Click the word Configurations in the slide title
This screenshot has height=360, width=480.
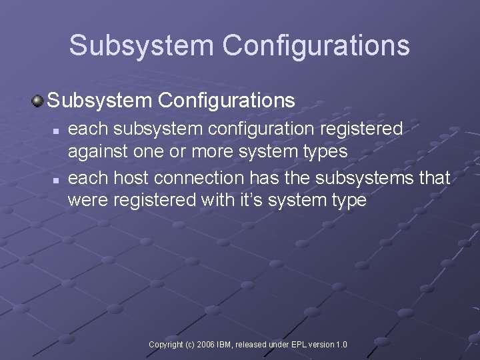click(x=316, y=45)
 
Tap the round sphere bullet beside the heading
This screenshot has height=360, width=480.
click(x=37, y=101)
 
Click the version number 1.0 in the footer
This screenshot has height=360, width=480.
click(x=341, y=345)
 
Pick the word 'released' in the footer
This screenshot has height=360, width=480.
click(x=250, y=345)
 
